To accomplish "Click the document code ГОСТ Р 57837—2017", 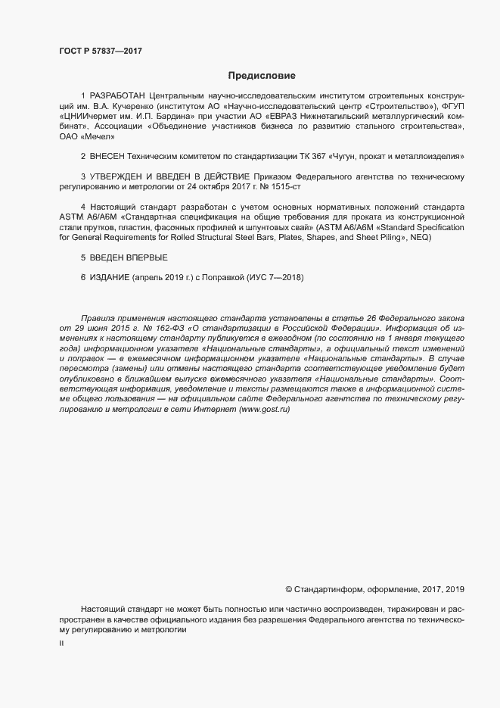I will [100, 51].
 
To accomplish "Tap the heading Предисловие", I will [262, 76].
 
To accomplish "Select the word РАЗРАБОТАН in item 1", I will [118, 98].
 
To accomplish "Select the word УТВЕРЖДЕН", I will [118, 176].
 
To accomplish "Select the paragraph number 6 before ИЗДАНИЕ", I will [83, 277].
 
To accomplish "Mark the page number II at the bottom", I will [61, 643].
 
